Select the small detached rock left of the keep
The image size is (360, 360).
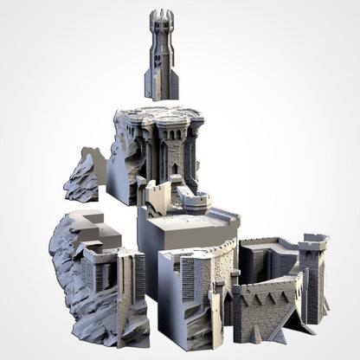pyautogui.click(x=84, y=177)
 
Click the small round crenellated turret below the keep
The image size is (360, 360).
pyautogui.click(x=194, y=202)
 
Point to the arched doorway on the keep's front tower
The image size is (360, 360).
pyautogui.click(x=174, y=169)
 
